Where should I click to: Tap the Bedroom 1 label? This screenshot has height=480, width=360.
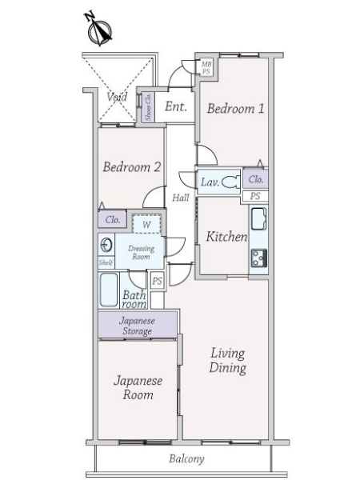click(x=235, y=109)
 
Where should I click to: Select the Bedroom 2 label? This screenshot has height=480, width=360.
click(x=132, y=167)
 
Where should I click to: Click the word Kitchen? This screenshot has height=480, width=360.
click(x=226, y=237)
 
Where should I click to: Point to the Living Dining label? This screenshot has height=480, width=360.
click(x=228, y=361)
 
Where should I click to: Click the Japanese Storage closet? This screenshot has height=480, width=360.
click(x=137, y=325)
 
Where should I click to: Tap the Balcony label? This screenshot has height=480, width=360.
click(x=186, y=459)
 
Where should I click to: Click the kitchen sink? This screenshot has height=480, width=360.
click(x=258, y=218)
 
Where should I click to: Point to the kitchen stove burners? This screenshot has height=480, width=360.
click(x=258, y=258)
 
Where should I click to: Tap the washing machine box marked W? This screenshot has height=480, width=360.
click(x=146, y=224)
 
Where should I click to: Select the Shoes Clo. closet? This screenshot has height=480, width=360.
click(x=148, y=107)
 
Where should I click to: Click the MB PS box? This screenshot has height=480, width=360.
click(x=206, y=66)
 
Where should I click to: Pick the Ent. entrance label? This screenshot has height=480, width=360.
click(x=176, y=106)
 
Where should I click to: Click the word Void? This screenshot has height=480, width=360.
click(x=118, y=97)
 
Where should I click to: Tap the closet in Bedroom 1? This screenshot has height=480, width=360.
click(x=256, y=179)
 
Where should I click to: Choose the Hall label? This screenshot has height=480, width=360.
click(x=181, y=197)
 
